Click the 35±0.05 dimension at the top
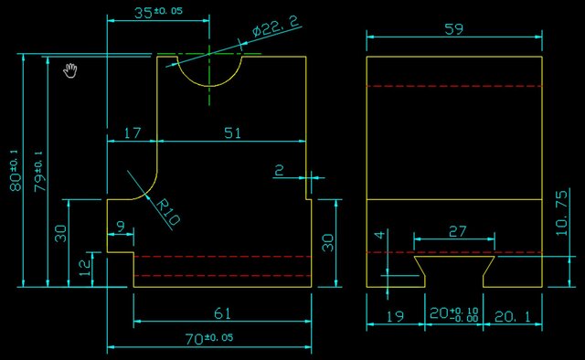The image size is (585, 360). tap(157, 13)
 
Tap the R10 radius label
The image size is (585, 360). tap(170, 215)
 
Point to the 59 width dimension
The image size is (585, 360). tap(452, 28)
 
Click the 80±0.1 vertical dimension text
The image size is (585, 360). tap(14, 169)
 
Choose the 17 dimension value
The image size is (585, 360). tap(132, 133)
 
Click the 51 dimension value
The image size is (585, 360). tap(233, 133)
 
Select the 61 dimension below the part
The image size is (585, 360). tap(221, 313)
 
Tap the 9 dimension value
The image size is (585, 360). tap(121, 226)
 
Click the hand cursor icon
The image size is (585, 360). tap(70, 69)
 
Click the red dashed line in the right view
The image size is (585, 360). tap(454, 86)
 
